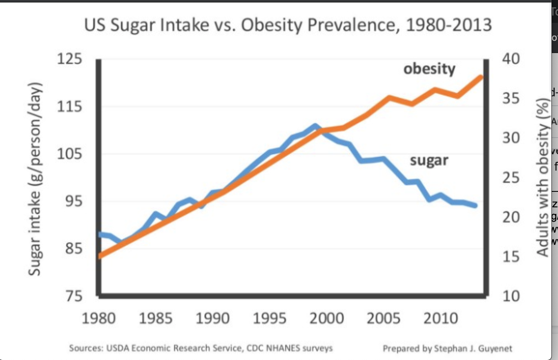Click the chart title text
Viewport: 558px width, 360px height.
pyautogui.click(x=288, y=25)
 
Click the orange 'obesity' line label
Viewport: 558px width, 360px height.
pyautogui.click(x=429, y=69)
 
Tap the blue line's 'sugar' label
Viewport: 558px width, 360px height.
pyautogui.click(x=429, y=160)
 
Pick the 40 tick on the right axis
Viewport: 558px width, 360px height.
pyautogui.click(x=511, y=59)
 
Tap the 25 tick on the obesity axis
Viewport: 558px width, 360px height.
pyautogui.click(x=511, y=178)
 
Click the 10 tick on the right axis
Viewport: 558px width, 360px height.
pyautogui.click(x=511, y=296)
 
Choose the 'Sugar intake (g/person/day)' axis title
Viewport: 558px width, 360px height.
pyautogui.click(x=36, y=178)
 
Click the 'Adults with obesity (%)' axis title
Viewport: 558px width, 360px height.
pyautogui.click(x=542, y=178)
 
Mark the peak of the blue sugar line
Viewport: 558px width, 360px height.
pyautogui.click(x=315, y=126)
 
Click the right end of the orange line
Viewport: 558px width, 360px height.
pyautogui.click(x=482, y=77)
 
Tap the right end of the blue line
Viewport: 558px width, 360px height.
pyautogui.click(x=475, y=205)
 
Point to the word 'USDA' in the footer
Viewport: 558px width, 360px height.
pyautogui.click(x=117, y=349)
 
